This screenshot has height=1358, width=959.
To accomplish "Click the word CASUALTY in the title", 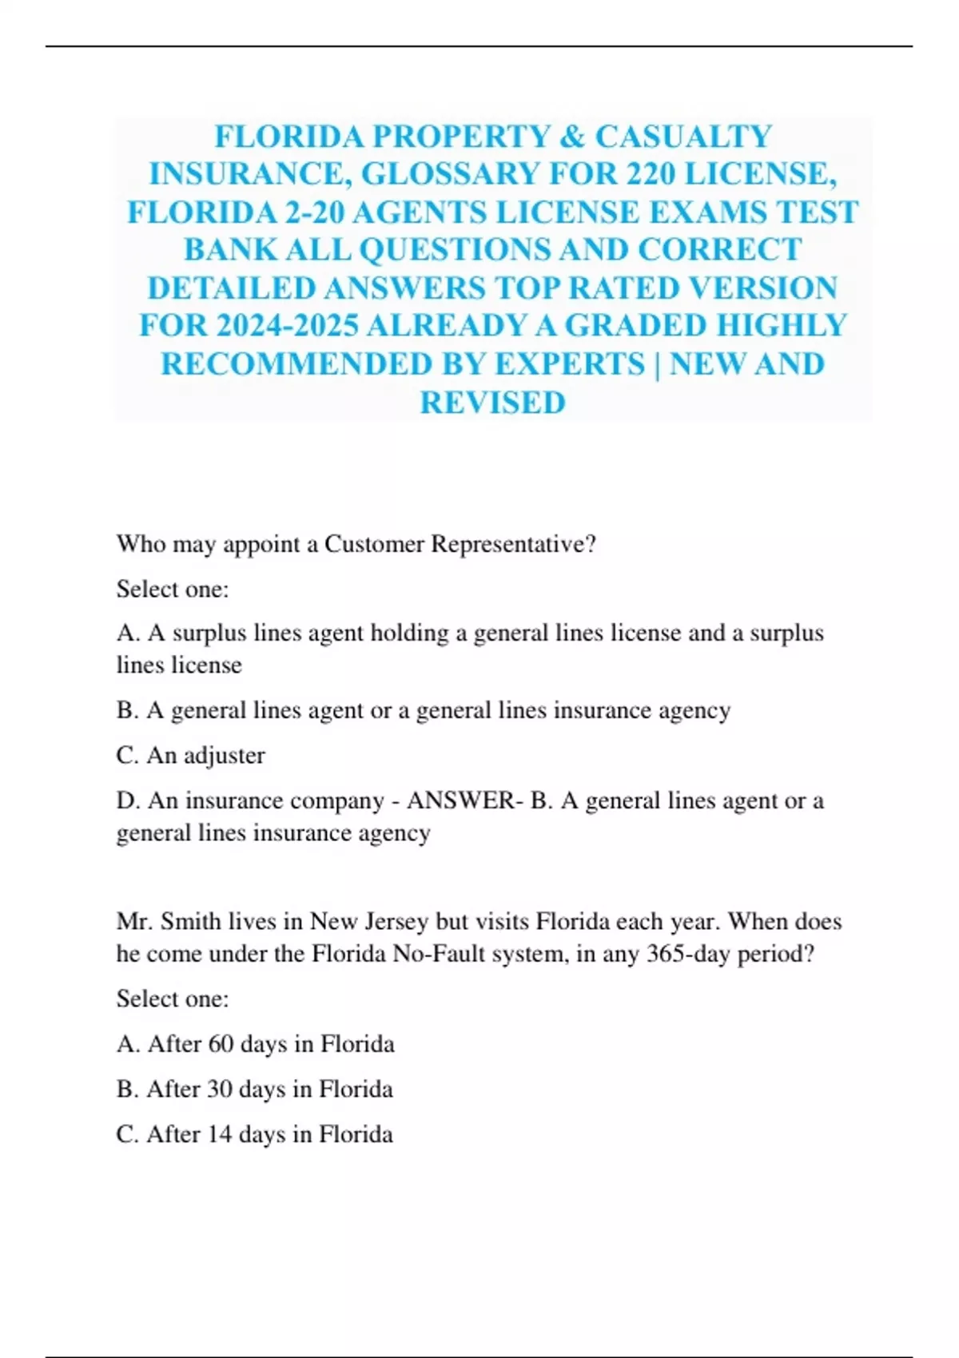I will pyautogui.click(x=683, y=137).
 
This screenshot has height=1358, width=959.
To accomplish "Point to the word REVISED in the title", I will pyautogui.click(x=492, y=403).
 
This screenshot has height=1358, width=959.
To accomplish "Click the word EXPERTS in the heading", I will pyautogui.click(x=569, y=364).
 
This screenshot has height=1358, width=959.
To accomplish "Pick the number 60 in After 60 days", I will pyautogui.click(x=221, y=1044).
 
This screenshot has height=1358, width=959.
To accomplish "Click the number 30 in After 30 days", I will pyautogui.click(x=220, y=1090).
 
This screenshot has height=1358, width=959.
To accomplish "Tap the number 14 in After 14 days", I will pyautogui.click(x=220, y=1134).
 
